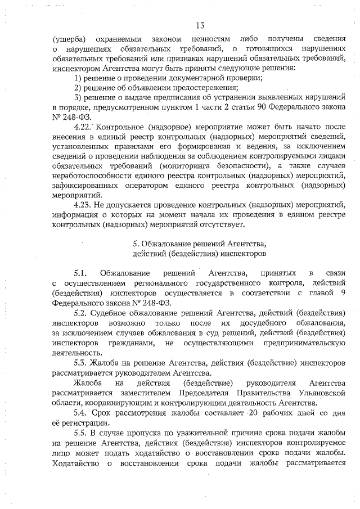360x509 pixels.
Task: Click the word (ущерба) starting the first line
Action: tap(68, 39)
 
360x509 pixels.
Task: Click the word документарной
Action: tap(195, 78)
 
